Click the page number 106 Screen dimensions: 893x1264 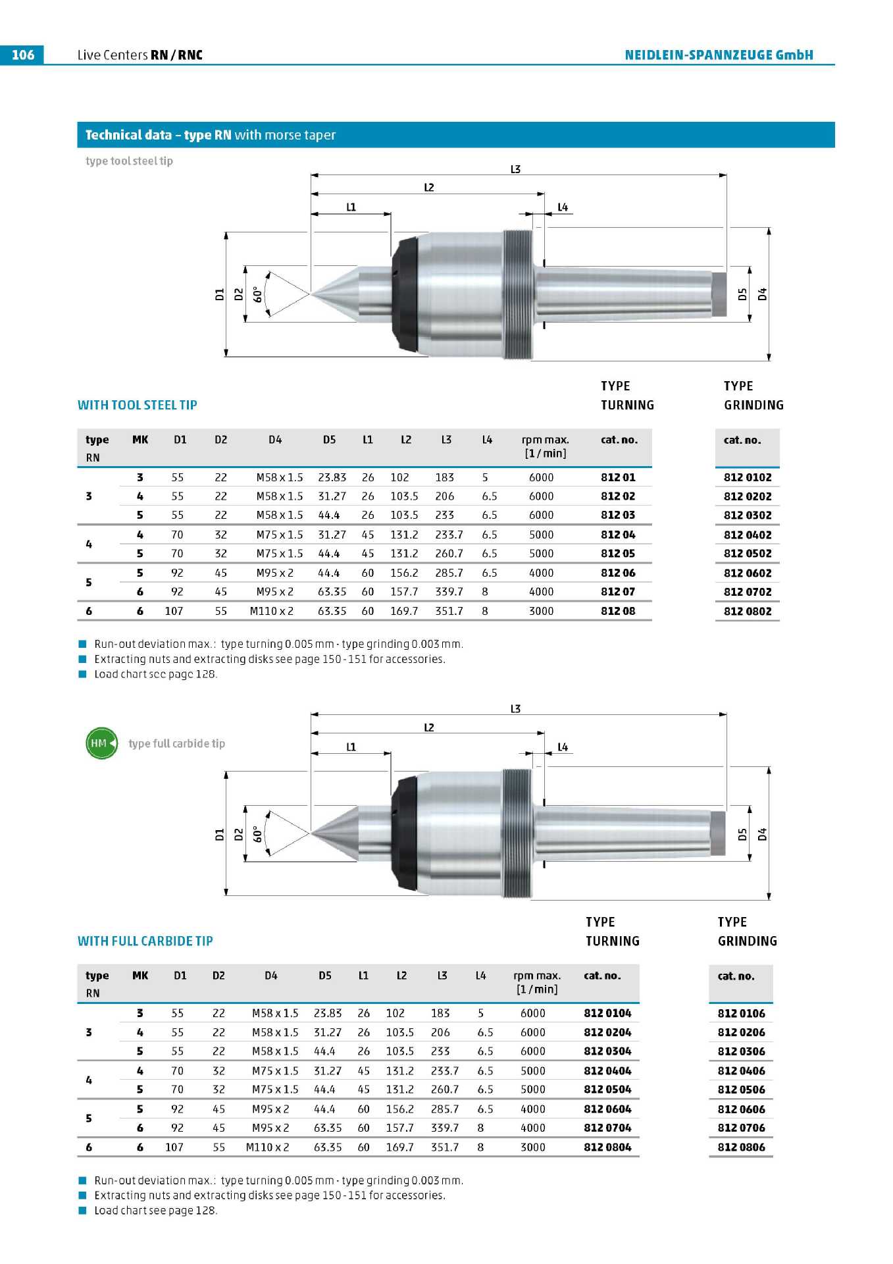coord(23,55)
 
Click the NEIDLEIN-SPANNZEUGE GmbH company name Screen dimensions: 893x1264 coord(719,55)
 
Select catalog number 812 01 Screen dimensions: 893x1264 coord(618,477)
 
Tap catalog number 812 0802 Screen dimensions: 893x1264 coord(748,611)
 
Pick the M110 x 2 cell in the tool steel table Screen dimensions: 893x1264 coord(272,611)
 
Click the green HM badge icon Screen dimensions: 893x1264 coord(102,743)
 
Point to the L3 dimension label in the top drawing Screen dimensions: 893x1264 coord(515,169)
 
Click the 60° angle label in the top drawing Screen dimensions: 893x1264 coord(258,294)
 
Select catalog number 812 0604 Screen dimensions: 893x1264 coord(607,1109)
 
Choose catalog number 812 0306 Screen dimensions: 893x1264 coord(742,1051)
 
